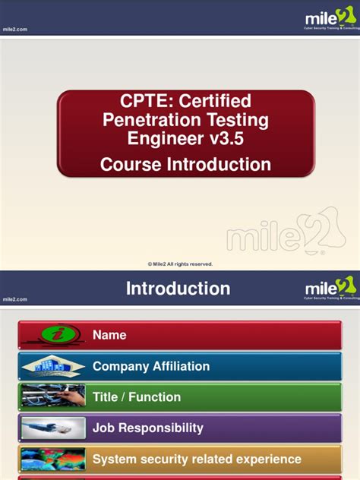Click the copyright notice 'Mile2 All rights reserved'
coord(180,264)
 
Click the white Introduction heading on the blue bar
coord(178,289)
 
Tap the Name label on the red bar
coord(109,335)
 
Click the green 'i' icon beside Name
coord(53,335)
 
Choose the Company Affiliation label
coord(151,366)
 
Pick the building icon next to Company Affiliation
coord(53,367)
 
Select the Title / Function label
coord(137,397)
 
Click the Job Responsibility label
coord(148,428)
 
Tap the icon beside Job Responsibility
coord(53,428)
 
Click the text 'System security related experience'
coord(197,459)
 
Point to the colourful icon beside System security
coord(53,459)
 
